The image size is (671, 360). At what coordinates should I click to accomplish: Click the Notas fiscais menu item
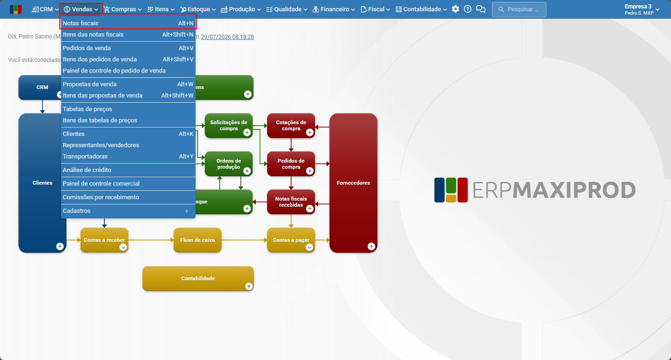pos(128,23)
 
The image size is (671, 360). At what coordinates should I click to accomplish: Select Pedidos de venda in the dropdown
pos(128,48)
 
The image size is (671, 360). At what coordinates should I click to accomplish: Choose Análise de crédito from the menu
pos(128,170)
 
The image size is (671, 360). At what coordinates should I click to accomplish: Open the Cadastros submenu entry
pos(128,211)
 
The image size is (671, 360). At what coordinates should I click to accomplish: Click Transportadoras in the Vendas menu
pos(128,157)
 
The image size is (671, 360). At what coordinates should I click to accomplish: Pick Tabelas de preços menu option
pos(128,109)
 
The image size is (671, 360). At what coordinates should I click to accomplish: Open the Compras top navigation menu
pos(123,9)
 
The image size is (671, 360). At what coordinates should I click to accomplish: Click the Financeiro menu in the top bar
pos(334,9)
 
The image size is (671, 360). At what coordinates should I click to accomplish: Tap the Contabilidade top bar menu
pos(421,9)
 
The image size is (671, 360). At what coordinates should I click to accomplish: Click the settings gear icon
pos(455,9)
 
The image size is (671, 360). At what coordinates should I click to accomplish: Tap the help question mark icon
pos(468,9)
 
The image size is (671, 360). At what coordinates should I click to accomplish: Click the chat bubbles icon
pos(480,9)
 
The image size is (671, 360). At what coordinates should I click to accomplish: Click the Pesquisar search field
pos(519,9)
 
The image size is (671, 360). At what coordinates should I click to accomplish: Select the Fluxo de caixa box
pos(197,240)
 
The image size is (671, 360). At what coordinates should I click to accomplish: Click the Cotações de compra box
pos(291,126)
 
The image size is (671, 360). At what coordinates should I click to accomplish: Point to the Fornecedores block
pos(353,183)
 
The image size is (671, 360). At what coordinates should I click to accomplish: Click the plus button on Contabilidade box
pos(249,286)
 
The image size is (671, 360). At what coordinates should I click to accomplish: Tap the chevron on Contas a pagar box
pos(309,247)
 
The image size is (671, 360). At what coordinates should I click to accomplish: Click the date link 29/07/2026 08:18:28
pos(227,37)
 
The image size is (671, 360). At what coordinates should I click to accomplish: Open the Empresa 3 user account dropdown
pos(641,9)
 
